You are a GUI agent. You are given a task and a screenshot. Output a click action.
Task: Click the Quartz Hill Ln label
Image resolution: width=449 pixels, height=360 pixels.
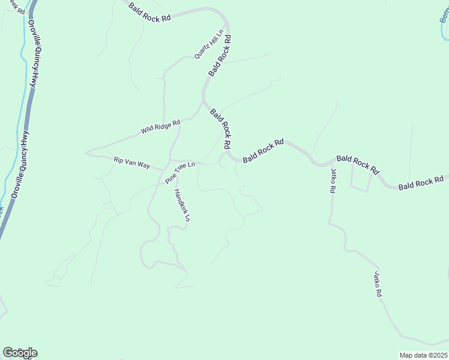(x=208, y=44)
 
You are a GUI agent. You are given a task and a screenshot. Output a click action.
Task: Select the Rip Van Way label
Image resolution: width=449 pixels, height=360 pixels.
(x=131, y=161)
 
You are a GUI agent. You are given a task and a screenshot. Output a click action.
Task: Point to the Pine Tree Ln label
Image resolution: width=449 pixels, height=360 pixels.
(x=181, y=172)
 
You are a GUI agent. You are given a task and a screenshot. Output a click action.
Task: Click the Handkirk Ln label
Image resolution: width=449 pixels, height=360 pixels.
(x=182, y=206)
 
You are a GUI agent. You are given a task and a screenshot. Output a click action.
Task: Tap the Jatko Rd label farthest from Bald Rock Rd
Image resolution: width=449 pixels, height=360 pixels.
(x=378, y=286)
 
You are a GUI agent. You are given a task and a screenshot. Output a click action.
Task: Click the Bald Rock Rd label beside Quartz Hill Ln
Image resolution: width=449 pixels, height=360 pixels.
(x=220, y=55)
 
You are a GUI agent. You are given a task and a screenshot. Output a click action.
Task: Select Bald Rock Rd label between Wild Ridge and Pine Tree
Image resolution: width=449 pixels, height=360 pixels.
(x=220, y=128)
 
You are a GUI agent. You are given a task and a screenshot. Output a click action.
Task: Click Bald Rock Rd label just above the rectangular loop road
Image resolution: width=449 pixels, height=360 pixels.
(x=358, y=163)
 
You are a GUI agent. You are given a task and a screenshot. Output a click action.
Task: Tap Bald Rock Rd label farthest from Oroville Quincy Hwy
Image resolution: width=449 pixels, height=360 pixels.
(x=420, y=182)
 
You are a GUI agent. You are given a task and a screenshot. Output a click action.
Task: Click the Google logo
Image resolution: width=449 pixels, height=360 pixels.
(x=20, y=352)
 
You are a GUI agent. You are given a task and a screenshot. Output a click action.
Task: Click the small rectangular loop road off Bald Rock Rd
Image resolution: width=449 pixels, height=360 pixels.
(x=360, y=179)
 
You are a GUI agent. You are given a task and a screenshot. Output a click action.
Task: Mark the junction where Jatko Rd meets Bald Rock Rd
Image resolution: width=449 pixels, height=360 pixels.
(x=330, y=163)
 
